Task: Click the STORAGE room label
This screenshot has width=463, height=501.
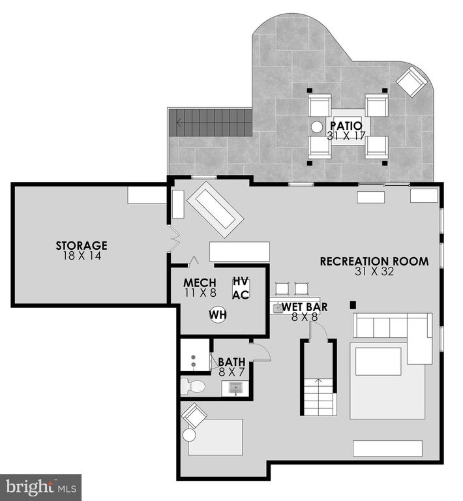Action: (82, 245)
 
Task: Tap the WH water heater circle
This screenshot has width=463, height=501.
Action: (218, 314)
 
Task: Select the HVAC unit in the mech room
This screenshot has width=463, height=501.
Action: (241, 288)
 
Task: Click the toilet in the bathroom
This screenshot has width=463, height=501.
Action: (193, 387)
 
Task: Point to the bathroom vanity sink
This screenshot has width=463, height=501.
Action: (235, 388)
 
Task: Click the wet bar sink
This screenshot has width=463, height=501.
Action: (278, 309)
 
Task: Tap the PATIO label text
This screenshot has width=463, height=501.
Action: (346, 126)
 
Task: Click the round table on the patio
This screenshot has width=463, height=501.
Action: (317, 127)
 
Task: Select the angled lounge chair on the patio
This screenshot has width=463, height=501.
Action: (412, 81)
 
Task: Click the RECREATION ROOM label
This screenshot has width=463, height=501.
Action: (374, 262)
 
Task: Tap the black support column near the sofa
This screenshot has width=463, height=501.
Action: (353, 305)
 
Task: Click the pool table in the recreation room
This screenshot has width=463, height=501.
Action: (215, 209)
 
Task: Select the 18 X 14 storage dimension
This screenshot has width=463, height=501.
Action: (82, 256)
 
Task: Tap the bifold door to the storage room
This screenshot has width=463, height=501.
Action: (174, 239)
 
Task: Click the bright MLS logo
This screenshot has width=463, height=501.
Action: (41, 487)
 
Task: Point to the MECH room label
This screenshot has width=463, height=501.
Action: (200, 282)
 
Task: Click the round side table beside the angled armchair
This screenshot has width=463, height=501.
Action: (189, 435)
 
